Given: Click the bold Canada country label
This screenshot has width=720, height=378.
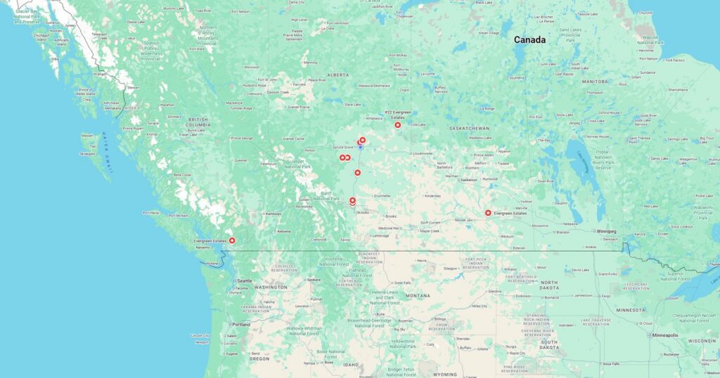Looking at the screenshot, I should coord(529,40).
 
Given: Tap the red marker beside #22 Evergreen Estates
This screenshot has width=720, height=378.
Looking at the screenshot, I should coord(398,125).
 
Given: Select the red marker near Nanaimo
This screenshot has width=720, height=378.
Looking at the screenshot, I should coord(233,241).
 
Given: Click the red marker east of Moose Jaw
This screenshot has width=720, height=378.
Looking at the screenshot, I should coord(488,213).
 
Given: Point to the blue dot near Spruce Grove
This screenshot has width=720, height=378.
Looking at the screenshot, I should coord(361,148).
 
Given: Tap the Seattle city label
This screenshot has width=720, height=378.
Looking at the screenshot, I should coord(245,280).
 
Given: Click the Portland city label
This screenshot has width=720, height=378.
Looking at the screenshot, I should coord(241,325).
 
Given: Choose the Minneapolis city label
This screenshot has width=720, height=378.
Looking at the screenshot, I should coord(665,335).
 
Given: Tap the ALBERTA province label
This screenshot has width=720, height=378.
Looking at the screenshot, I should coord(337,74).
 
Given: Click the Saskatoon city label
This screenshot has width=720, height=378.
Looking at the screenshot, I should coord(469,180).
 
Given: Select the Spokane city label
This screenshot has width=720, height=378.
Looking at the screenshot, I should coord(314,280).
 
